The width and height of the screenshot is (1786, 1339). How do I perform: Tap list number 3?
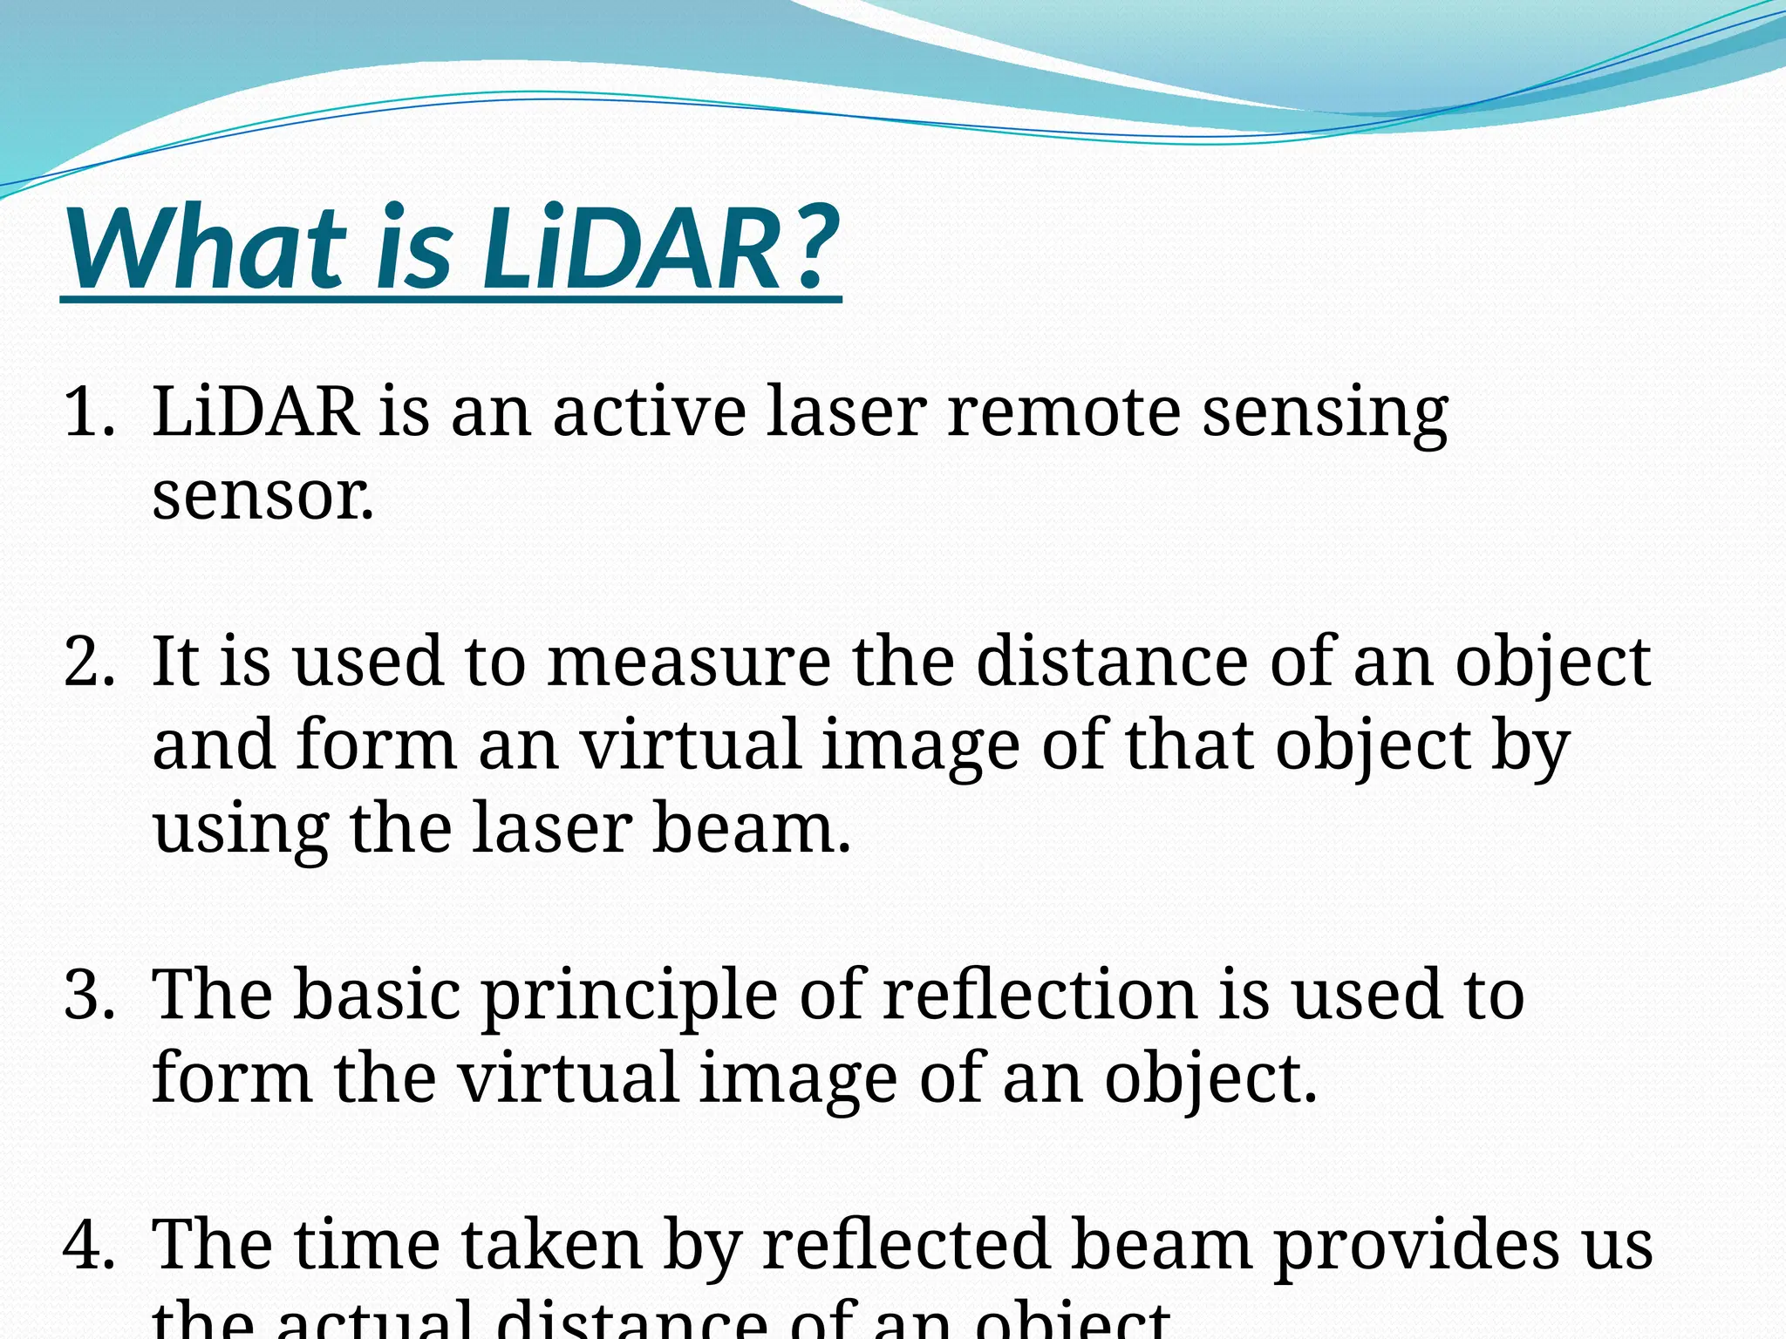point(89,996)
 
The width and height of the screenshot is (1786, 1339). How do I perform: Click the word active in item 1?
point(649,411)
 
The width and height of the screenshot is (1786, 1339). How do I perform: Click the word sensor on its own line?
point(262,497)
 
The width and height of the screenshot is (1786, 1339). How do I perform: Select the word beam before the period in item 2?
point(748,828)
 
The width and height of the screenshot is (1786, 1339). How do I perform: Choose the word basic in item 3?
point(377,996)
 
